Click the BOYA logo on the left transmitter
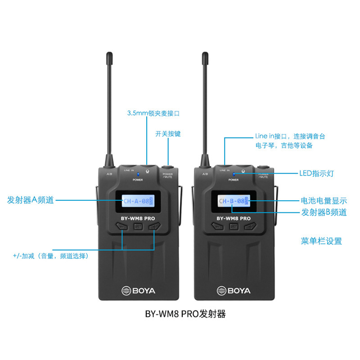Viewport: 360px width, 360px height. (x=138, y=291)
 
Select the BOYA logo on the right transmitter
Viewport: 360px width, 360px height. (x=234, y=291)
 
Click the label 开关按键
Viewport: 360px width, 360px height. (x=168, y=134)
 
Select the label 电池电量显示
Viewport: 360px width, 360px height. (x=324, y=201)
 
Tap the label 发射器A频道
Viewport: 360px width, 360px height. (x=31, y=200)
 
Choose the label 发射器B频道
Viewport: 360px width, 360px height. (x=324, y=212)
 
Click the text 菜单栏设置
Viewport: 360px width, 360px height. (x=321, y=241)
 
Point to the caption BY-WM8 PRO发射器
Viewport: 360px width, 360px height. (x=185, y=314)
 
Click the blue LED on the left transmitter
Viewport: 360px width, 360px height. (x=138, y=173)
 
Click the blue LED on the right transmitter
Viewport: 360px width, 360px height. (x=234, y=173)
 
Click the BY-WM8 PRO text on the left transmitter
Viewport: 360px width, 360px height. (x=138, y=218)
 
